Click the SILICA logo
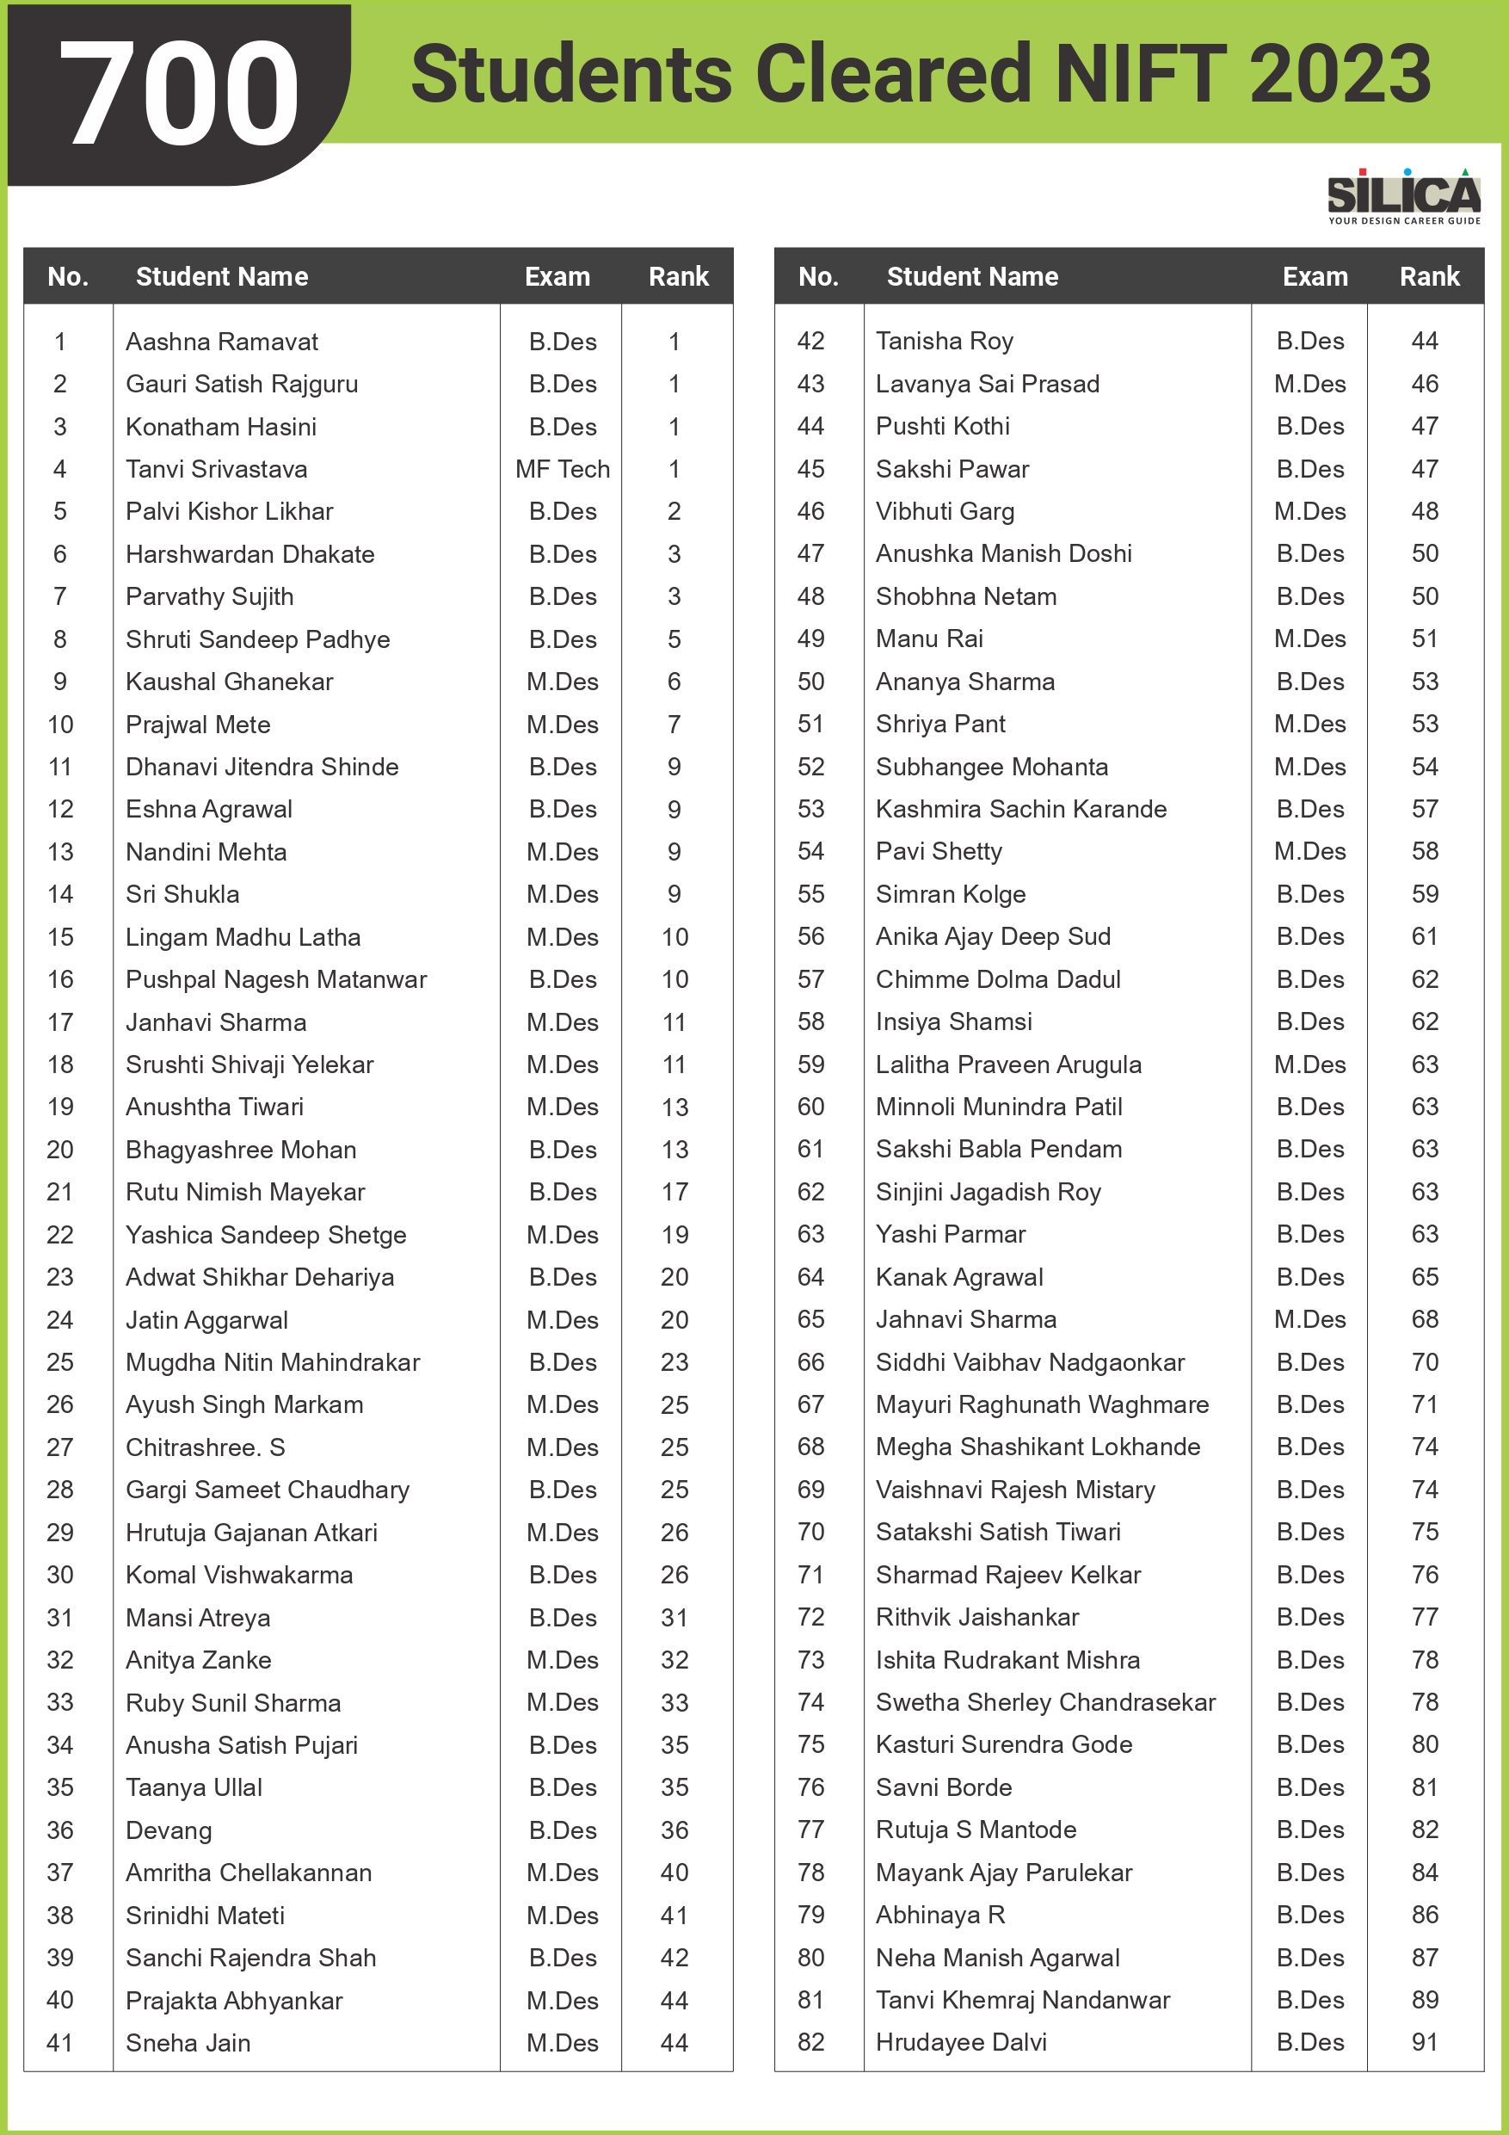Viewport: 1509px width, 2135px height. pos(1403,196)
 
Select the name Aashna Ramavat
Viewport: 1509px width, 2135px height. pos(221,342)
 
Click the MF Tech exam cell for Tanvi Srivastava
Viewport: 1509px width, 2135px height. pos(563,469)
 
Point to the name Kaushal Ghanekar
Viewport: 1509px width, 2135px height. pos(229,682)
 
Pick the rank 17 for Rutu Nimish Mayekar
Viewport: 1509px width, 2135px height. pos(674,1191)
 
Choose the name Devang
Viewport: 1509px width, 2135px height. pos(169,1830)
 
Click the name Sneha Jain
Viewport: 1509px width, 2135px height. pos(188,2043)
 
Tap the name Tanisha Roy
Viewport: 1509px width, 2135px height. pos(944,342)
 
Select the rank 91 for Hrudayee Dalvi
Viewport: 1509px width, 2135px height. pos(1425,2042)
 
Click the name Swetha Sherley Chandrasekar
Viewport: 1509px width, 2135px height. pos(1045,1701)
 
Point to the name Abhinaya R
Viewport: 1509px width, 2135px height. pos(940,1915)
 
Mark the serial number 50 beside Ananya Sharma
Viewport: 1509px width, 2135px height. pos(810,682)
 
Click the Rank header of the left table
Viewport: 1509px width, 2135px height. pos(678,276)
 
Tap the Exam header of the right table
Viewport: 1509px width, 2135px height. pos(1315,276)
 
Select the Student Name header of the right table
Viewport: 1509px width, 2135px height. pos(971,276)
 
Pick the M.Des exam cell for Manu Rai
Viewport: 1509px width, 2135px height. pos(1309,639)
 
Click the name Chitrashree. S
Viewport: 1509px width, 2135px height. pos(206,1447)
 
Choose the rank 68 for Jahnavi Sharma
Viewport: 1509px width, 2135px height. pos(1425,1318)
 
